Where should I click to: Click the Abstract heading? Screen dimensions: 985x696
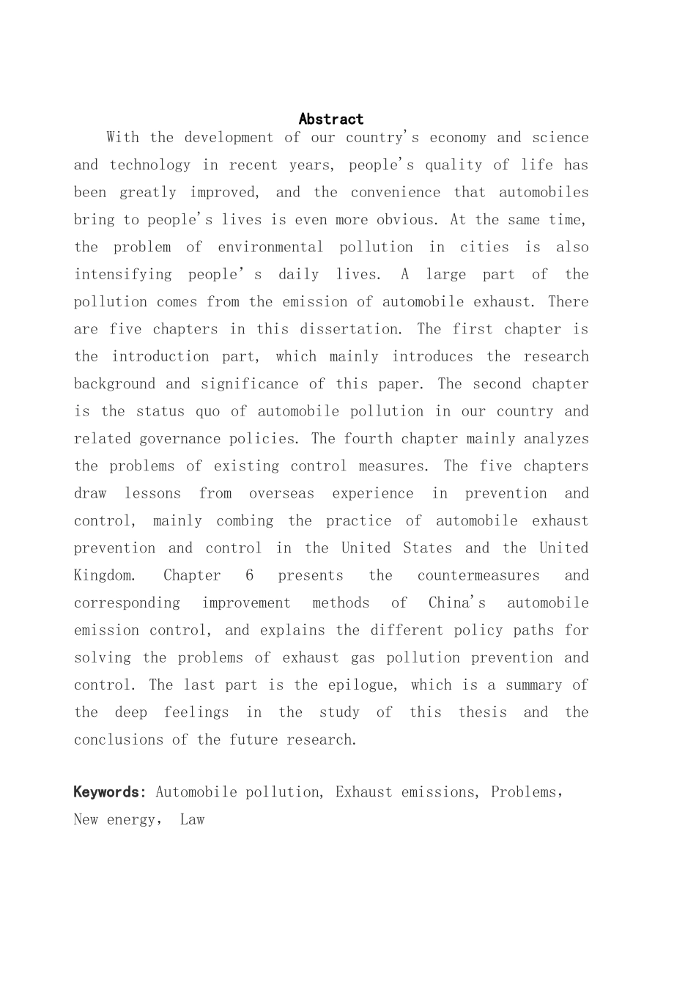[331, 119]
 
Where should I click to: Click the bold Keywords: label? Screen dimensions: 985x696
[110, 792]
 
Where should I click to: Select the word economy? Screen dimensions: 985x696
[459, 138]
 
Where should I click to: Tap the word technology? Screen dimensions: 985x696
[151, 165]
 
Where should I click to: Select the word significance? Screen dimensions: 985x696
[250, 384]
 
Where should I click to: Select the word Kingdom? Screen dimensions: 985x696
[104, 575]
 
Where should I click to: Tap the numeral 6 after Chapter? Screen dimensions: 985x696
[250, 575]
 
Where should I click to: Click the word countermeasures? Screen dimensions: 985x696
[478, 575]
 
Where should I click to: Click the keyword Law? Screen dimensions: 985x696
[192, 820]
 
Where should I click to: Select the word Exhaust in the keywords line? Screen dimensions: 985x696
[364, 792]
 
